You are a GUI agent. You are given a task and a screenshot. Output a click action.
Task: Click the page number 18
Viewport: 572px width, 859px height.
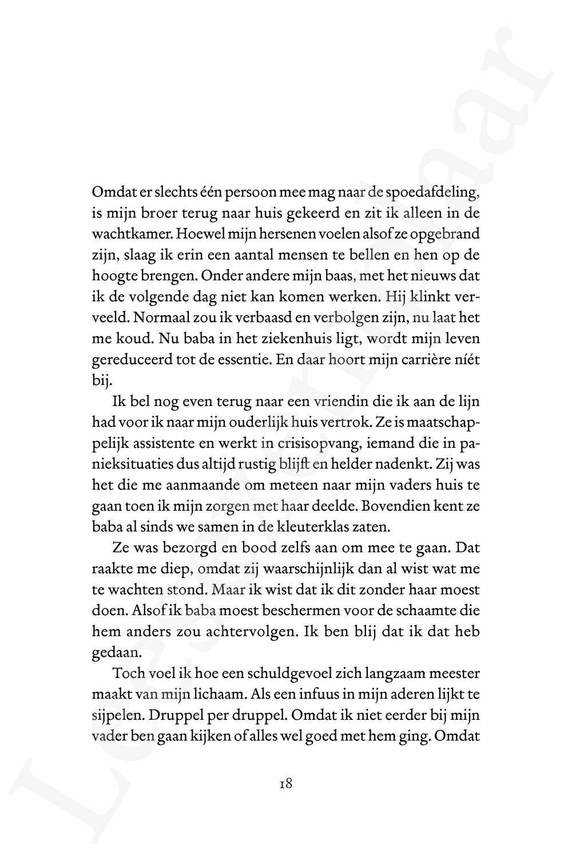click(286, 783)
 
